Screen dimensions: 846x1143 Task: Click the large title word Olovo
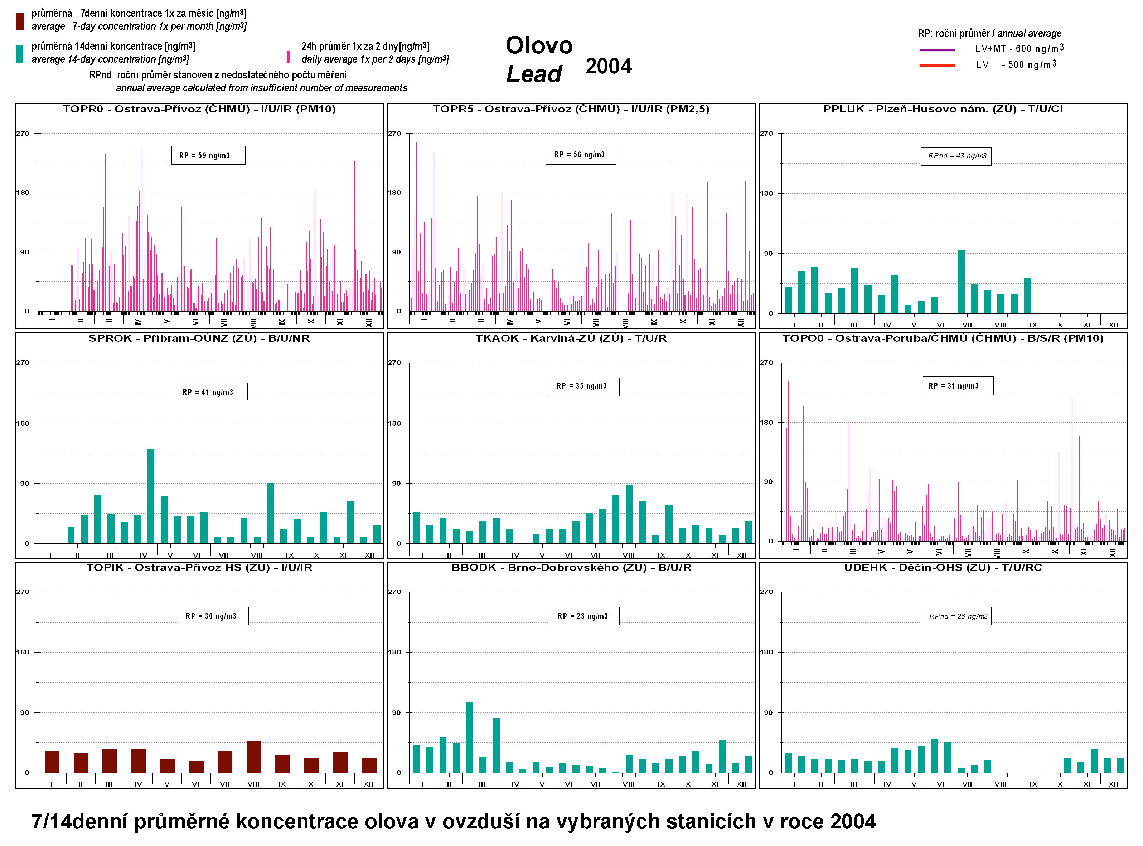[x=539, y=45]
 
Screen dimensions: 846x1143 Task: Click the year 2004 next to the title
[x=609, y=66]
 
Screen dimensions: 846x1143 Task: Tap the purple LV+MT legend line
[x=937, y=50]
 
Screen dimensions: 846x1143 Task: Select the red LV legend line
[x=937, y=66]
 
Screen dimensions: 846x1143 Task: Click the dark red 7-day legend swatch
[x=19, y=21]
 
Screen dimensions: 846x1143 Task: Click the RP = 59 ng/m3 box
[x=208, y=155]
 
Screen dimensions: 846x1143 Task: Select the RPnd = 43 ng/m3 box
[x=956, y=156]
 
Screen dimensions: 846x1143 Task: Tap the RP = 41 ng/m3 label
[x=212, y=392]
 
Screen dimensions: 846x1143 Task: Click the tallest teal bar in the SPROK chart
[x=151, y=495]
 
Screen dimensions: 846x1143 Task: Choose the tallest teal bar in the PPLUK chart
[x=961, y=281]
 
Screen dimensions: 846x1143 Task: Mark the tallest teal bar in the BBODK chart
[x=469, y=736]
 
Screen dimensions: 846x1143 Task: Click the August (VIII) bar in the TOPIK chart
[x=253, y=756]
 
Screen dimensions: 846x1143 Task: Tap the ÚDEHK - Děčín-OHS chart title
[x=943, y=567]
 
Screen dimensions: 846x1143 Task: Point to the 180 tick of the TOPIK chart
[x=23, y=652]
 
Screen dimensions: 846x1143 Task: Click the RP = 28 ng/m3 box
[x=583, y=616]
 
